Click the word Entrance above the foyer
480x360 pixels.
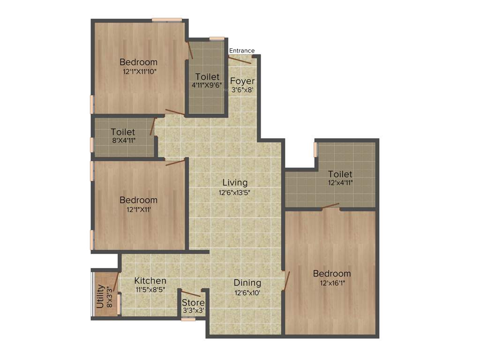tap(242, 51)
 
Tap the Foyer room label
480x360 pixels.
tap(242, 81)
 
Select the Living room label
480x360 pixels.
tap(235, 182)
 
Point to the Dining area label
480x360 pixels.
tap(247, 283)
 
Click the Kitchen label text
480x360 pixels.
tap(150, 281)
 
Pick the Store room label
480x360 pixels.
tap(193, 302)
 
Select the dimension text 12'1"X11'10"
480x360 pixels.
tap(139, 72)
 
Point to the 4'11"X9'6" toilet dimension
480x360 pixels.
tap(207, 85)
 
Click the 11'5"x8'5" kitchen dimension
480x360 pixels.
tap(150, 290)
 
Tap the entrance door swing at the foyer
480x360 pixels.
tap(240, 59)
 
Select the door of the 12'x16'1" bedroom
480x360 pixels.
tap(286, 280)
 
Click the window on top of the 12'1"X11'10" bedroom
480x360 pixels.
tap(167, 20)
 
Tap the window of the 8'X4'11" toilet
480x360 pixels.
tap(92, 145)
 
